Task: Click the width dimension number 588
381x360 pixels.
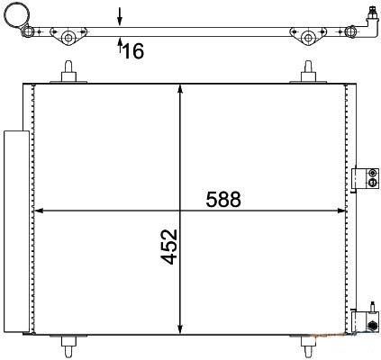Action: [223, 200]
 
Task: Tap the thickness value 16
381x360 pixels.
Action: [133, 50]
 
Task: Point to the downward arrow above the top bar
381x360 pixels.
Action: [120, 17]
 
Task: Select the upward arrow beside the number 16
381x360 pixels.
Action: [120, 45]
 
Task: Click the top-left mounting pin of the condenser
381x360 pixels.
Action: [68, 71]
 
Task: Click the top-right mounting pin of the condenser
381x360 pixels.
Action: [308, 71]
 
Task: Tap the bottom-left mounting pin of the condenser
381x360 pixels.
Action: [68, 346]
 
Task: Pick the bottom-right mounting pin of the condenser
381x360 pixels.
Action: [308, 346]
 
